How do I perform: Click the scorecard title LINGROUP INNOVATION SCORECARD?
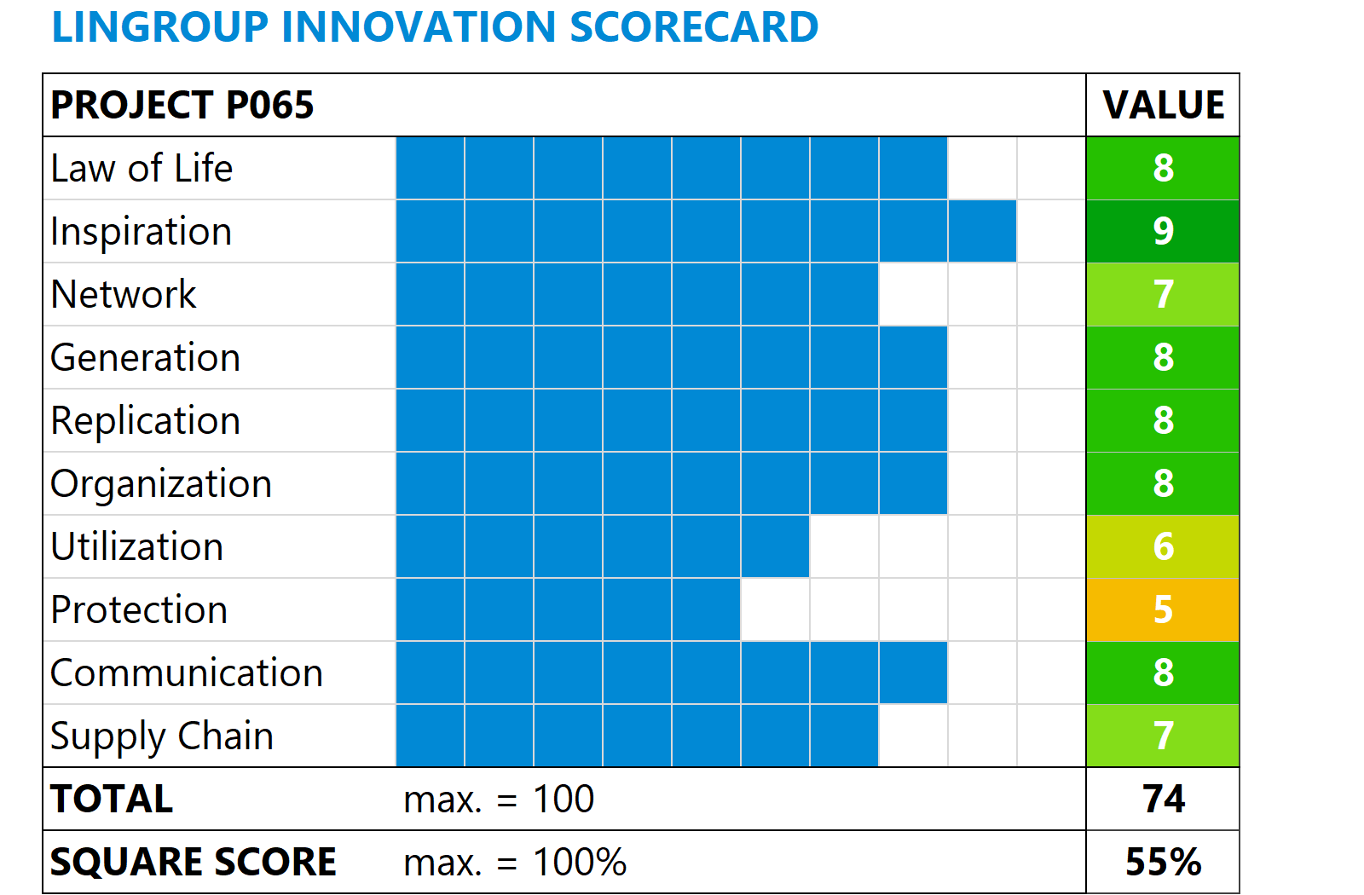(x=435, y=27)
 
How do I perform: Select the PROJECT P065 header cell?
(x=182, y=106)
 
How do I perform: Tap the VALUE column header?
(x=1163, y=106)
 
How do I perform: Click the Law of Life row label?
(x=142, y=169)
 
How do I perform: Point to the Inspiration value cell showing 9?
(x=1163, y=231)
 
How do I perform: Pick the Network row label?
(x=124, y=295)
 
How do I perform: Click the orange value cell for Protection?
(x=1163, y=609)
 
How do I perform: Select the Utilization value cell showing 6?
(x=1163, y=546)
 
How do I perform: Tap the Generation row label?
(x=146, y=358)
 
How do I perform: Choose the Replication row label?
(x=146, y=421)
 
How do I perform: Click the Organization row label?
(x=161, y=484)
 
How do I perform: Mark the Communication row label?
(x=187, y=673)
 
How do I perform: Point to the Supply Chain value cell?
(x=1163, y=736)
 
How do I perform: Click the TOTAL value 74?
(x=1163, y=799)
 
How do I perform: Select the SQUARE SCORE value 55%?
(x=1163, y=862)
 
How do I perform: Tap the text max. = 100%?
(x=515, y=863)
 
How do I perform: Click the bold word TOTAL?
(x=112, y=800)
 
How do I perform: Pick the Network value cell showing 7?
(x=1163, y=294)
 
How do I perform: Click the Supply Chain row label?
(x=162, y=736)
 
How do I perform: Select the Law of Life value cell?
(x=1163, y=168)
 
